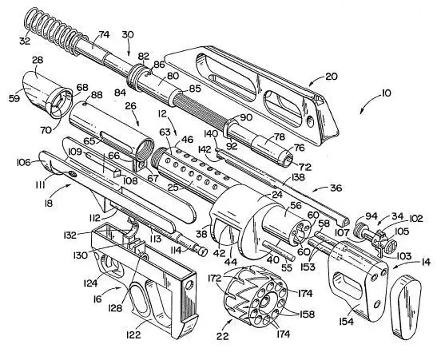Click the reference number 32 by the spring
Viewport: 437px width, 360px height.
click(x=25, y=41)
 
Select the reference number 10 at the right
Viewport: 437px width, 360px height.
click(x=385, y=93)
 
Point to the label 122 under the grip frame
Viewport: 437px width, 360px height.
click(x=133, y=334)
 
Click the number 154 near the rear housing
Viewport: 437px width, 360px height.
click(x=347, y=322)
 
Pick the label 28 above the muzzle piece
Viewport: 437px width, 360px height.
click(x=38, y=60)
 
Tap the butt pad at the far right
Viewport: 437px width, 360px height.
click(x=406, y=307)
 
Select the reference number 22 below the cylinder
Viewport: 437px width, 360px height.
click(x=222, y=336)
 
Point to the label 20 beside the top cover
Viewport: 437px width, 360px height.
click(x=331, y=77)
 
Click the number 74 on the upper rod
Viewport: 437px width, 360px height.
click(x=104, y=34)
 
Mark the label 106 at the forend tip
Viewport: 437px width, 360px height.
click(x=24, y=162)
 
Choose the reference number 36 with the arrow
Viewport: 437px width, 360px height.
click(x=336, y=188)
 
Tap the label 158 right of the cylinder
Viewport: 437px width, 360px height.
click(x=308, y=314)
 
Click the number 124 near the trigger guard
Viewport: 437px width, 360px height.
click(x=90, y=283)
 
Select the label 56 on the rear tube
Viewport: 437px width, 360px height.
click(x=296, y=206)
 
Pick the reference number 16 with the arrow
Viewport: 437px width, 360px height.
click(x=97, y=299)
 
